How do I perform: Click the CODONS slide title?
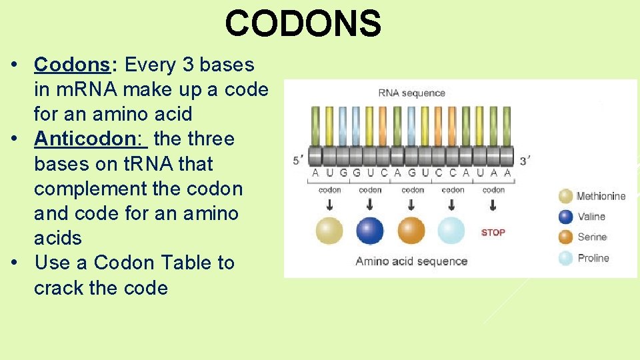[x=303, y=23]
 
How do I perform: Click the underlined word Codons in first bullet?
[x=72, y=65]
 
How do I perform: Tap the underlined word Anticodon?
[x=91, y=139]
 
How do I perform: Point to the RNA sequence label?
[x=411, y=93]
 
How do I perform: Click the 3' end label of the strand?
[x=525, y=160]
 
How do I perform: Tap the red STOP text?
[x=493, y=233]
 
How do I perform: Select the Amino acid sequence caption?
[x=411, y=261]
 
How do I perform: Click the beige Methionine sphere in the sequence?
[x=329, y=231]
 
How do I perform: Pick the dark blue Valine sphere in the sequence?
[x=370, y=231]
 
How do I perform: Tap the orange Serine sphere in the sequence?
[x=411, y=231]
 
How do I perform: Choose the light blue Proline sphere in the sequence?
[x=451, y=231]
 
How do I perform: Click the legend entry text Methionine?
[x=601, y=196]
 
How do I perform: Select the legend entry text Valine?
[x=591, y=217]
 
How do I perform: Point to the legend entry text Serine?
[x=591, y=237]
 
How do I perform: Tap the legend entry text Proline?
[x=593, y=258]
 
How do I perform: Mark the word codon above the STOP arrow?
[x=493, y=190]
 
